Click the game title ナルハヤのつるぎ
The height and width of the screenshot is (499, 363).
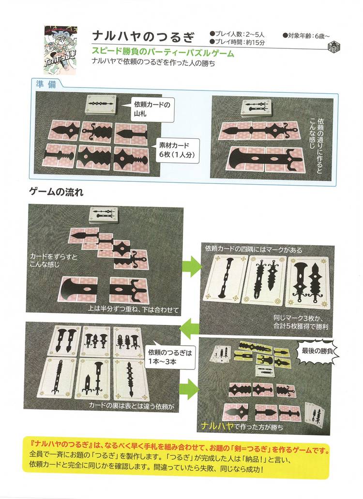pyautogui.click(x=143, y=37)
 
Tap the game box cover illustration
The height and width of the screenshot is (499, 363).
pyautogui.click(x=60, y=50)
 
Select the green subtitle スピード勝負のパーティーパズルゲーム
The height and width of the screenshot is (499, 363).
pyautogui.click(x=163, y=53)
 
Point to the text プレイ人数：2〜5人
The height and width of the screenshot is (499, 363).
pyautogui.click(x=237, y=34)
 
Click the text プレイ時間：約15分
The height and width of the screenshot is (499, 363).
pyautogui.click(x=237, y=42)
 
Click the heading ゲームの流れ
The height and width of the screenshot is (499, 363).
pyautogui.click(x=56, y=192)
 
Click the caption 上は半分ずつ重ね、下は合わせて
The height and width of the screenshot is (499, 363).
pyautogui.click(x=133, y=309)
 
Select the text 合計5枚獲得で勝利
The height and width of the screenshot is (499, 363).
pyautogui.click(x=301, y=326)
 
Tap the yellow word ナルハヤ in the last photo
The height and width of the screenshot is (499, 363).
pyautogui.click(x=217, y=426)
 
